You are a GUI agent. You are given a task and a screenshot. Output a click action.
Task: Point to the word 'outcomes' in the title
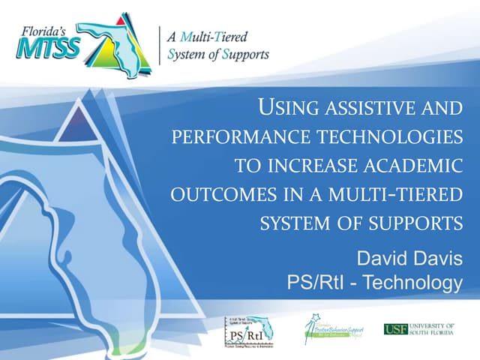(x=214, y=193)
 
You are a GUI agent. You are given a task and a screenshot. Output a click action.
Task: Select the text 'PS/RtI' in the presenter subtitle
(x=314, y=283)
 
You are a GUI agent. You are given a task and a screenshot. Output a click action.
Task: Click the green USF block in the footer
(x=396, y=329)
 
